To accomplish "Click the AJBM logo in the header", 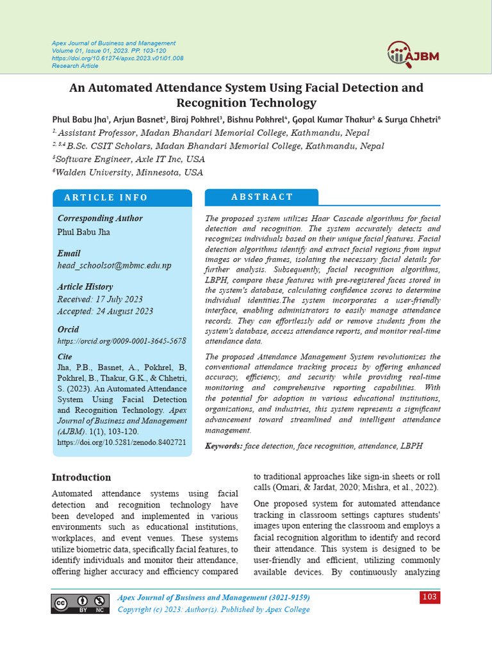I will coord(413,54).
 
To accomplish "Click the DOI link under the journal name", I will coord(117,58).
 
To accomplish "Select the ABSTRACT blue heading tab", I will coord(261,197).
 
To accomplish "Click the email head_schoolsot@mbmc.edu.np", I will coord(114,265).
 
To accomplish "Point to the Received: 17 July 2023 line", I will coord(100,299).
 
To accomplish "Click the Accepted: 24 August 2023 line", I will coord(105,311).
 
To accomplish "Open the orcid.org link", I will coord(122,341).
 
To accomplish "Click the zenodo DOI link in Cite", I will coord(122,442).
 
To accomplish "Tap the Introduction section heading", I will coord(81,477).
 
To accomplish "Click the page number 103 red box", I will coord(430,597).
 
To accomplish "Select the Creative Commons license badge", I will coord(81,603).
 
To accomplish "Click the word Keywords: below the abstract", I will coord(224,445).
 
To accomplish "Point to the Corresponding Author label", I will coord(100,218).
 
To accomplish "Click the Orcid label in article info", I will coord(69,329).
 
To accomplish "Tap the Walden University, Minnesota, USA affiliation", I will coord(128,172).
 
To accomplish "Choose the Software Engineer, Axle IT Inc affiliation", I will coord(130,159).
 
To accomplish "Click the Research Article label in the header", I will coord(76,65).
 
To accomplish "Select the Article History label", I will coord(85,287).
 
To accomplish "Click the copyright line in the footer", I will coord(213,609).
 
